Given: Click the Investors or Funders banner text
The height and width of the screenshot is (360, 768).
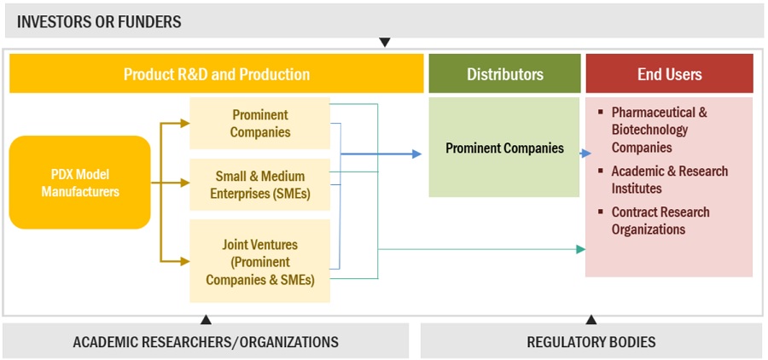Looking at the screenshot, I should [99, 22].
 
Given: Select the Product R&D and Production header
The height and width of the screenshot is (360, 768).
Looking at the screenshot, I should [216, 74].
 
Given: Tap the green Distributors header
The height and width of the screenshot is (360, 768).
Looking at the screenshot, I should [504, 74].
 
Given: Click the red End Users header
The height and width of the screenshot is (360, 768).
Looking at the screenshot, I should [669, 74].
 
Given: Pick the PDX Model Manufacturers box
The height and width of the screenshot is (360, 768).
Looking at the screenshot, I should [80, 183].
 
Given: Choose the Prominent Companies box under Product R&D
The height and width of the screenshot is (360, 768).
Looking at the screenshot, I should [259, 124].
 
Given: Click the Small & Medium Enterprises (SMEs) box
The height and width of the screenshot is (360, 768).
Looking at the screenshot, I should [259, 184].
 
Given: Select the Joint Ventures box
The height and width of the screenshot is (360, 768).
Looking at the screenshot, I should [259, 261].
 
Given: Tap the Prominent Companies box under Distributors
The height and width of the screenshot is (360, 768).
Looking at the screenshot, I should [504, 148].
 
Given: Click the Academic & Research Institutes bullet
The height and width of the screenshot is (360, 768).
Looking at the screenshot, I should [669, 179].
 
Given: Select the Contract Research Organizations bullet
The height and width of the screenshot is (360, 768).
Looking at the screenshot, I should [660, 220].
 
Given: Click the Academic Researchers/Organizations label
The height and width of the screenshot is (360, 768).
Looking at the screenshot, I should [206, 342].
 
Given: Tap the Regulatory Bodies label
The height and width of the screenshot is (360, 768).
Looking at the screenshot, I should [591, 342].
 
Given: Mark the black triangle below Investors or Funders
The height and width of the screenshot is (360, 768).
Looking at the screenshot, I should [385, 42].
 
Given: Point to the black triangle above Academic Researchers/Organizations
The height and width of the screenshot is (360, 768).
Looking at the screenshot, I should [206, 319].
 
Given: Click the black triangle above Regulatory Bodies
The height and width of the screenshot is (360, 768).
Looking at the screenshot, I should [591, 319].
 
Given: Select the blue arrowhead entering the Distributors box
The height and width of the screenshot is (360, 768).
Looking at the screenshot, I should [416, 154].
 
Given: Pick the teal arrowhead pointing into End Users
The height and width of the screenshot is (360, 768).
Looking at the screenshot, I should [580, 249].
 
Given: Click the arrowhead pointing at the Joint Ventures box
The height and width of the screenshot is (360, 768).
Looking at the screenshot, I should [184, 261].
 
